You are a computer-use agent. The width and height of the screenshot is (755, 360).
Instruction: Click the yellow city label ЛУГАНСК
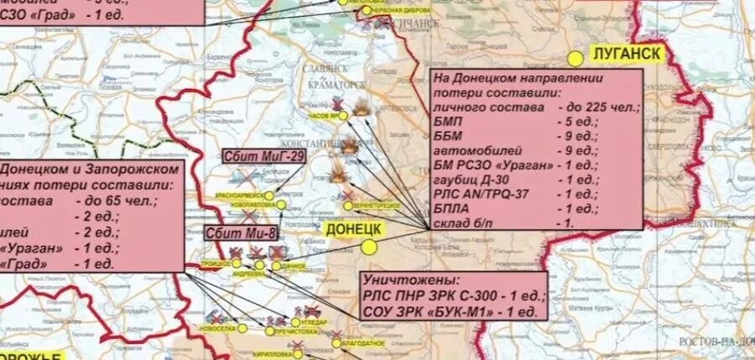click(x=628, y=54)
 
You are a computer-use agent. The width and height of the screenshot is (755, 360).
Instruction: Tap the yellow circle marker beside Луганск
click(x=575, y=59)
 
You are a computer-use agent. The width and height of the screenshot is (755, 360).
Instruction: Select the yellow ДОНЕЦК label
click(x=352, y=228)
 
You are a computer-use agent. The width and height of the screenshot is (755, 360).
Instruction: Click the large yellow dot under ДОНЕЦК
click(x=368, y=247)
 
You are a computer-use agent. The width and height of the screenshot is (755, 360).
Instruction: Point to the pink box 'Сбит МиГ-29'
click(x=252, y=158)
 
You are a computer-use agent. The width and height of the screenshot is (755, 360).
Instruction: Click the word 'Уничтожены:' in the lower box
click(x=400, y=279)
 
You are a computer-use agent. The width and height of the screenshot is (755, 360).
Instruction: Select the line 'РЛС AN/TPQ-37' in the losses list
click(x=477, y=193)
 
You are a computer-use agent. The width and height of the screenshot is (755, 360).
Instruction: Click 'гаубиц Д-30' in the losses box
click(x=471, y=179)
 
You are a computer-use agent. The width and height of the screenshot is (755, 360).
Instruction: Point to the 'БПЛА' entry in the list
click(x=450, y=207)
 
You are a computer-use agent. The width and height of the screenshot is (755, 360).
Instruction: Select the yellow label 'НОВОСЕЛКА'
click(x=219, y=328)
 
